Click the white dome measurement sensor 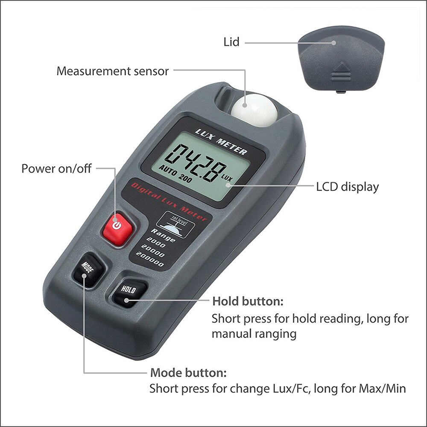(x=254, y=110)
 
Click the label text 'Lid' (x=231, y=42)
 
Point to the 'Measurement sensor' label (x=113, y=71)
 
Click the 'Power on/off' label (x=56, y=168)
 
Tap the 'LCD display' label (x=347, y=187)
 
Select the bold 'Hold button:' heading (x=248, y=301)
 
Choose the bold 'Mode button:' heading (x=188, y=373)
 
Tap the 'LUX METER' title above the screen (x=220, y=140)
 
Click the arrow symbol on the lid (x=341, y=68)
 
